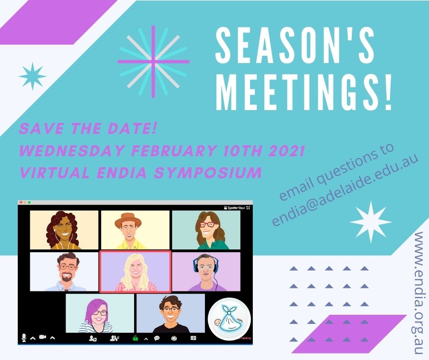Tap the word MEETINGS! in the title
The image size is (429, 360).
tap(304, 91)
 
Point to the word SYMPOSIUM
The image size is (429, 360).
tap(208, 173)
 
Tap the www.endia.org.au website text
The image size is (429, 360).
tap(418, 292)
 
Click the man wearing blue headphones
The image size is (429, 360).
tap(206, 272)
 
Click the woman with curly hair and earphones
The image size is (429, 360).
tap(63, 230)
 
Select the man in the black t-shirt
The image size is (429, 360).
tap(171, 314)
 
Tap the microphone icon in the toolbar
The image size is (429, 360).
tap(24, 338)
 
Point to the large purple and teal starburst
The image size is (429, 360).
tap(153, 62)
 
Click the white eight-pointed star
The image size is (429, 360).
tap(371, 222)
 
